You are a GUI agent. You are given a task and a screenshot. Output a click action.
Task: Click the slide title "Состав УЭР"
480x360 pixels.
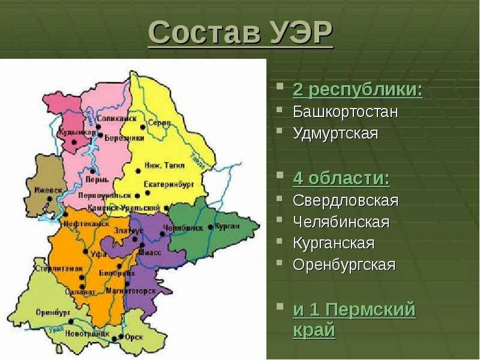pos(240,32)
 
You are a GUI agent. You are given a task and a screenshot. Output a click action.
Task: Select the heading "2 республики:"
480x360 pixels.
pos(358,91)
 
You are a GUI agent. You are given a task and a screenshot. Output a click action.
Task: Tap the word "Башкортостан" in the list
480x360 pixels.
pos(346,112)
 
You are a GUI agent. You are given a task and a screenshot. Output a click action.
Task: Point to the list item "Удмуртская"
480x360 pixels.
pos(335,133)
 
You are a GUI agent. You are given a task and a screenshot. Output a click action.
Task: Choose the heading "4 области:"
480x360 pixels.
pos(341,179)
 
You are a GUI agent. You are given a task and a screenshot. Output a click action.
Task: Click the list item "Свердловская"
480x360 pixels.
pos(346,200)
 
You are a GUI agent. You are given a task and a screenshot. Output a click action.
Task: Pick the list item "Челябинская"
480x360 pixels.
pos(341,222)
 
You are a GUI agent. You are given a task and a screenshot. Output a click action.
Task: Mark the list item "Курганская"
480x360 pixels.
pos(334,244)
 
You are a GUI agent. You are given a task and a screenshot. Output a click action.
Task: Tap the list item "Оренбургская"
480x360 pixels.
pos(344,265)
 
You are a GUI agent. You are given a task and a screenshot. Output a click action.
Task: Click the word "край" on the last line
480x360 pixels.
pos(314,331)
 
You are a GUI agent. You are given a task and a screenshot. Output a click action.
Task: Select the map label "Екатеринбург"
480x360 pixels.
pos(169,185)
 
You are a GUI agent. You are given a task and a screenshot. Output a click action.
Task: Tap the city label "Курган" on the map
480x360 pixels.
pos(227,226)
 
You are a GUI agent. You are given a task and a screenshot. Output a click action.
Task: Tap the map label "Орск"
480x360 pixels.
pos(134,337)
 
